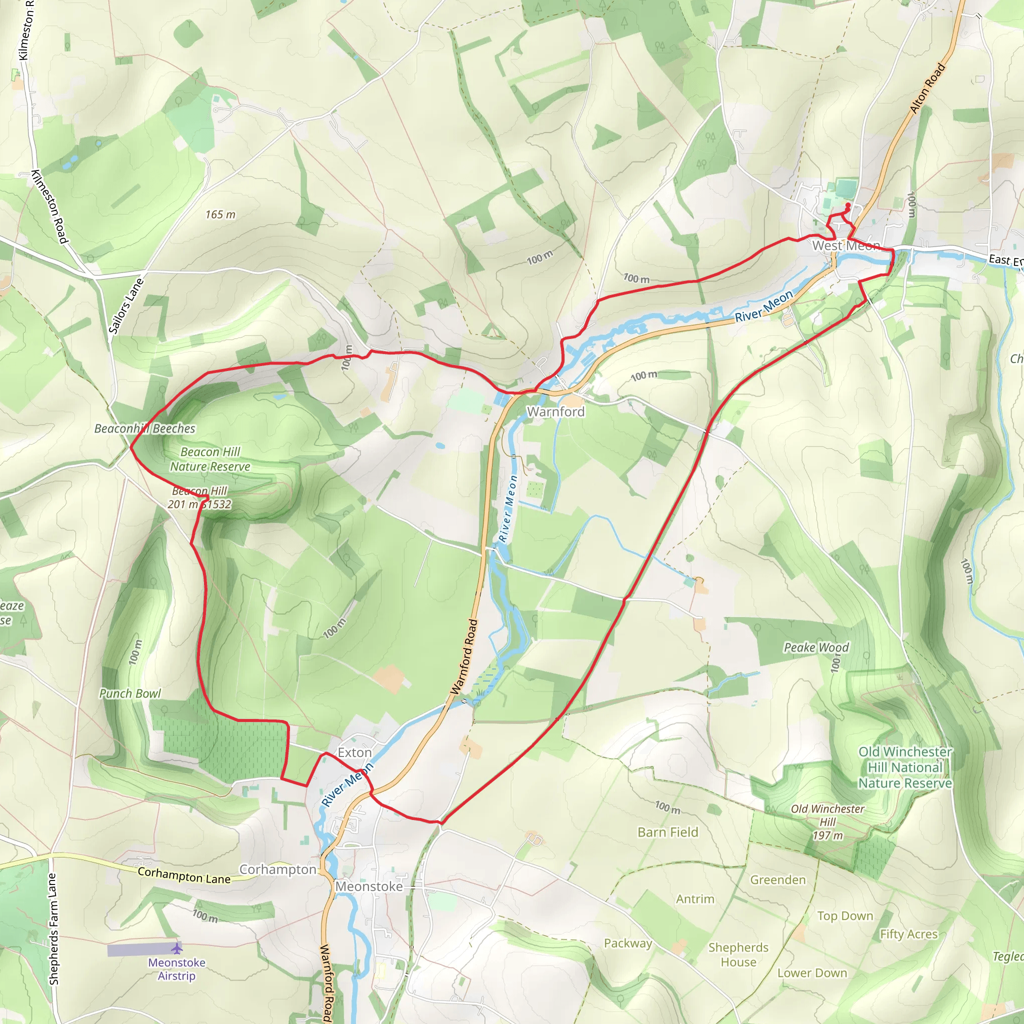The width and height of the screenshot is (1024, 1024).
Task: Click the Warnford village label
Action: pyautogui.click(x=555, y=412)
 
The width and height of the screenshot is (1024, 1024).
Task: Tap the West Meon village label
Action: pyautogui.click(x=846, y=246)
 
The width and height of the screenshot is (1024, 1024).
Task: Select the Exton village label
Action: pyautogui.click(x=354, y=752)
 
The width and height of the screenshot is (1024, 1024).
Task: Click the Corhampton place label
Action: pyautogui.click(x=277, y=869)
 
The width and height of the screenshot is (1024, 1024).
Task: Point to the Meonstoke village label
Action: pyautogui.click(x=369, y=886)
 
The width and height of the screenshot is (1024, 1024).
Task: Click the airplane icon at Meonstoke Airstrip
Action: pyautogui.click(x=177, y=947)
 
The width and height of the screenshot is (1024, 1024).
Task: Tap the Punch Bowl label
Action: pyautogui.click(x=130, y=693)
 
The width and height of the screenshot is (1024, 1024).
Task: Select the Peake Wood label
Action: pyautogui.click(x=816, y=647)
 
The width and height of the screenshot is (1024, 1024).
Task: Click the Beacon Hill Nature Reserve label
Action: pyautogui.click(x=210, y=459)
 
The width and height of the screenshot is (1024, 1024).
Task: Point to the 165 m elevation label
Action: pyautogui.click(x=220, y=214)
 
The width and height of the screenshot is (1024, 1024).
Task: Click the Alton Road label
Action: pyautogui.click(x=927, y=88)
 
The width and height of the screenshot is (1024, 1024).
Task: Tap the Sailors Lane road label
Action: pyautogui.click(x=125, y=306)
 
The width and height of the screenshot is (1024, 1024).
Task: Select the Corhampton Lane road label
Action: pyautogui.click(x=184, y=875)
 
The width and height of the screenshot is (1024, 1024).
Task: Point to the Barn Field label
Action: pyautogui.click(x=668, y=832)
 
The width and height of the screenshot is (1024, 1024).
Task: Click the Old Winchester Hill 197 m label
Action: pyautogui.click(x=827, y=821)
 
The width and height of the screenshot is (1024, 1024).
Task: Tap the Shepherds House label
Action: pyautogui.click(x=738, y=954)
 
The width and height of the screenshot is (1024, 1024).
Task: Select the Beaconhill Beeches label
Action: pyautogui.click(x=144, y=428)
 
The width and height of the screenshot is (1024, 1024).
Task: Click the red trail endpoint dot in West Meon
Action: pyautogui.click(x=848, y=204)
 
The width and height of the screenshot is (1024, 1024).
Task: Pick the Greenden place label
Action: pyautogui.click(x=777, y=880)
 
